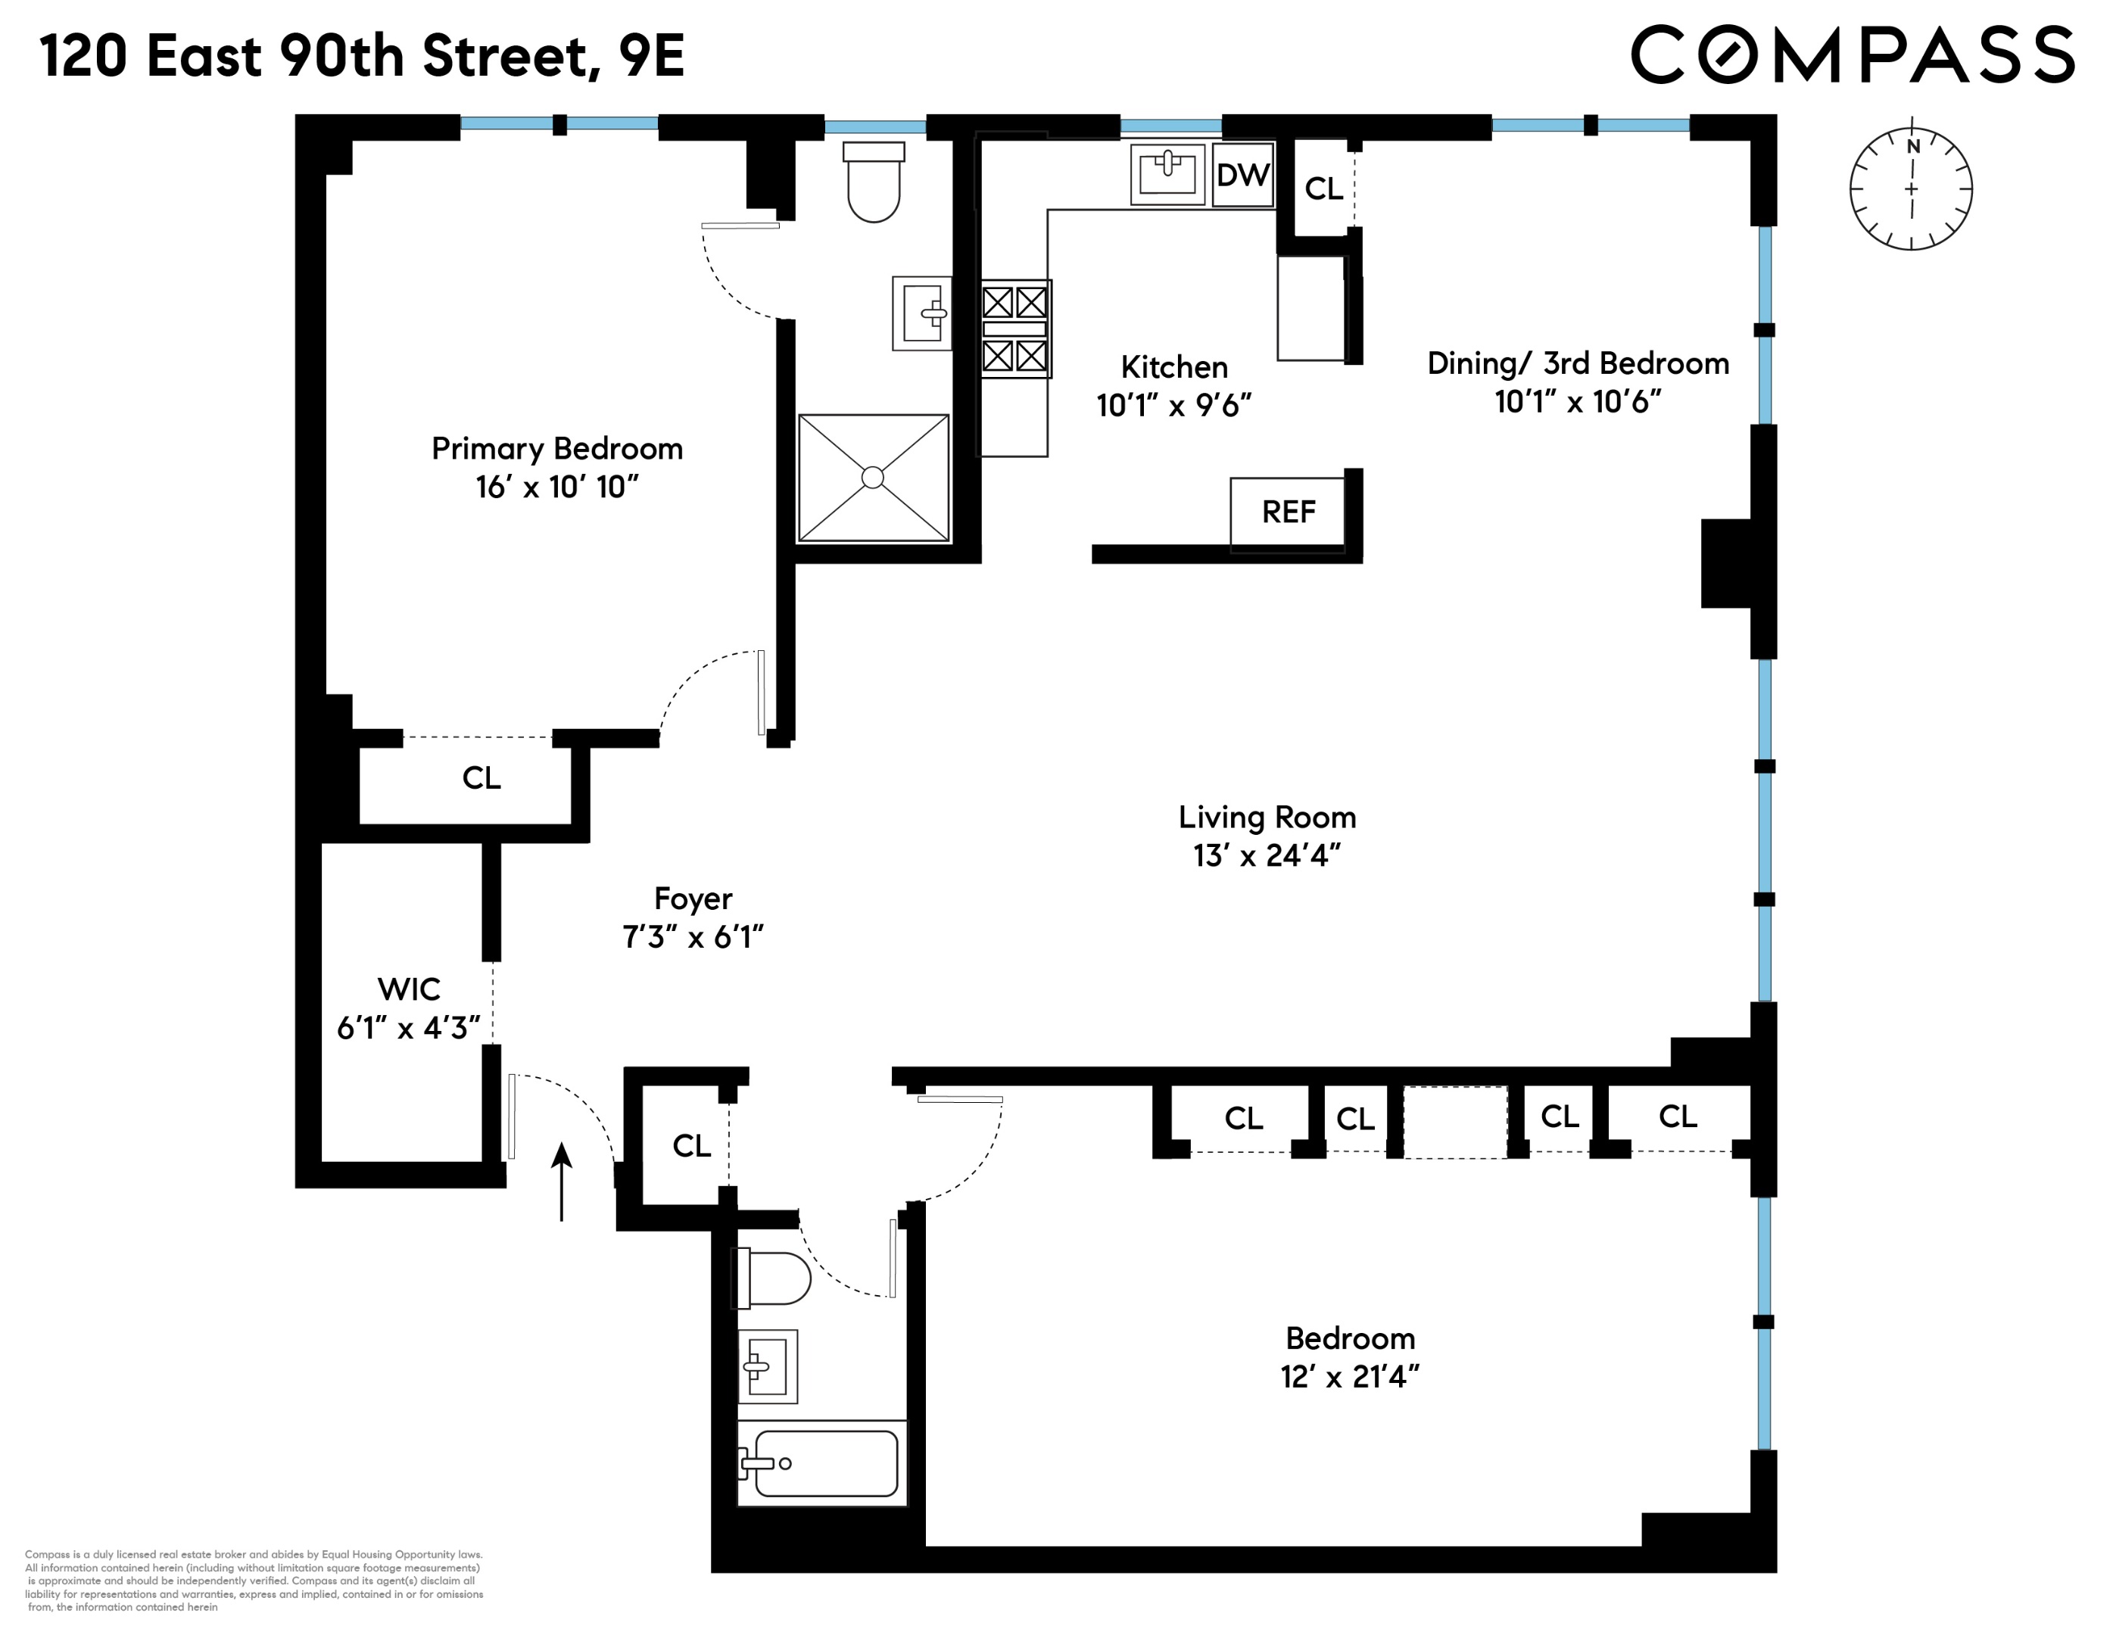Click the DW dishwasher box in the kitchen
pyautogui.click(x=1243, y=176)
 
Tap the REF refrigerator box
pyautogui.click(x=1288, y=512)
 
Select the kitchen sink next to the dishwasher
pyautogui.click(x=1167, y=174)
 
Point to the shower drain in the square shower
pyautogui.click(x=872, y=478)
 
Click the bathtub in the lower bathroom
pyautogui.click(x=824, y=1464)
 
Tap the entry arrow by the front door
pyautogui.click(x=561, y=1181)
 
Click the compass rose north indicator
pyautogui.click(x=1912, y=146)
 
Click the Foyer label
pyautogui.click(x=693, y=898)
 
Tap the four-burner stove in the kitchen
pyautogui.click(x=1015, y=329)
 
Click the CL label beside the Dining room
pyautogui.click(x=1323, y=189)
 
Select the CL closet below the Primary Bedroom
pyautogui.click(x=481, y=779)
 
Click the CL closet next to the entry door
pyautogui.click(x=692, y=1146)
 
